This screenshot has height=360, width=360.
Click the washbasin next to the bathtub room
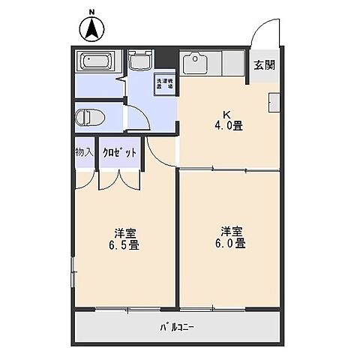pyautogui.click(x=139, y=61)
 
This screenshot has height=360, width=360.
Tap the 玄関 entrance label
pyautogui.click(x=263, y=64)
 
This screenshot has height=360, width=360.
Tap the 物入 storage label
pyautogui.click(x=84, y=152)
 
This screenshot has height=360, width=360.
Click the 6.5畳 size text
pyautogui.click(x=124, y=244)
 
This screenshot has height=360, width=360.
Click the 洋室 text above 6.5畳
pyautogui.click(x=124, y=232)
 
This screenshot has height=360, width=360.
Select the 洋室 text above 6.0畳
pyautogui.click(x=231, y=229)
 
